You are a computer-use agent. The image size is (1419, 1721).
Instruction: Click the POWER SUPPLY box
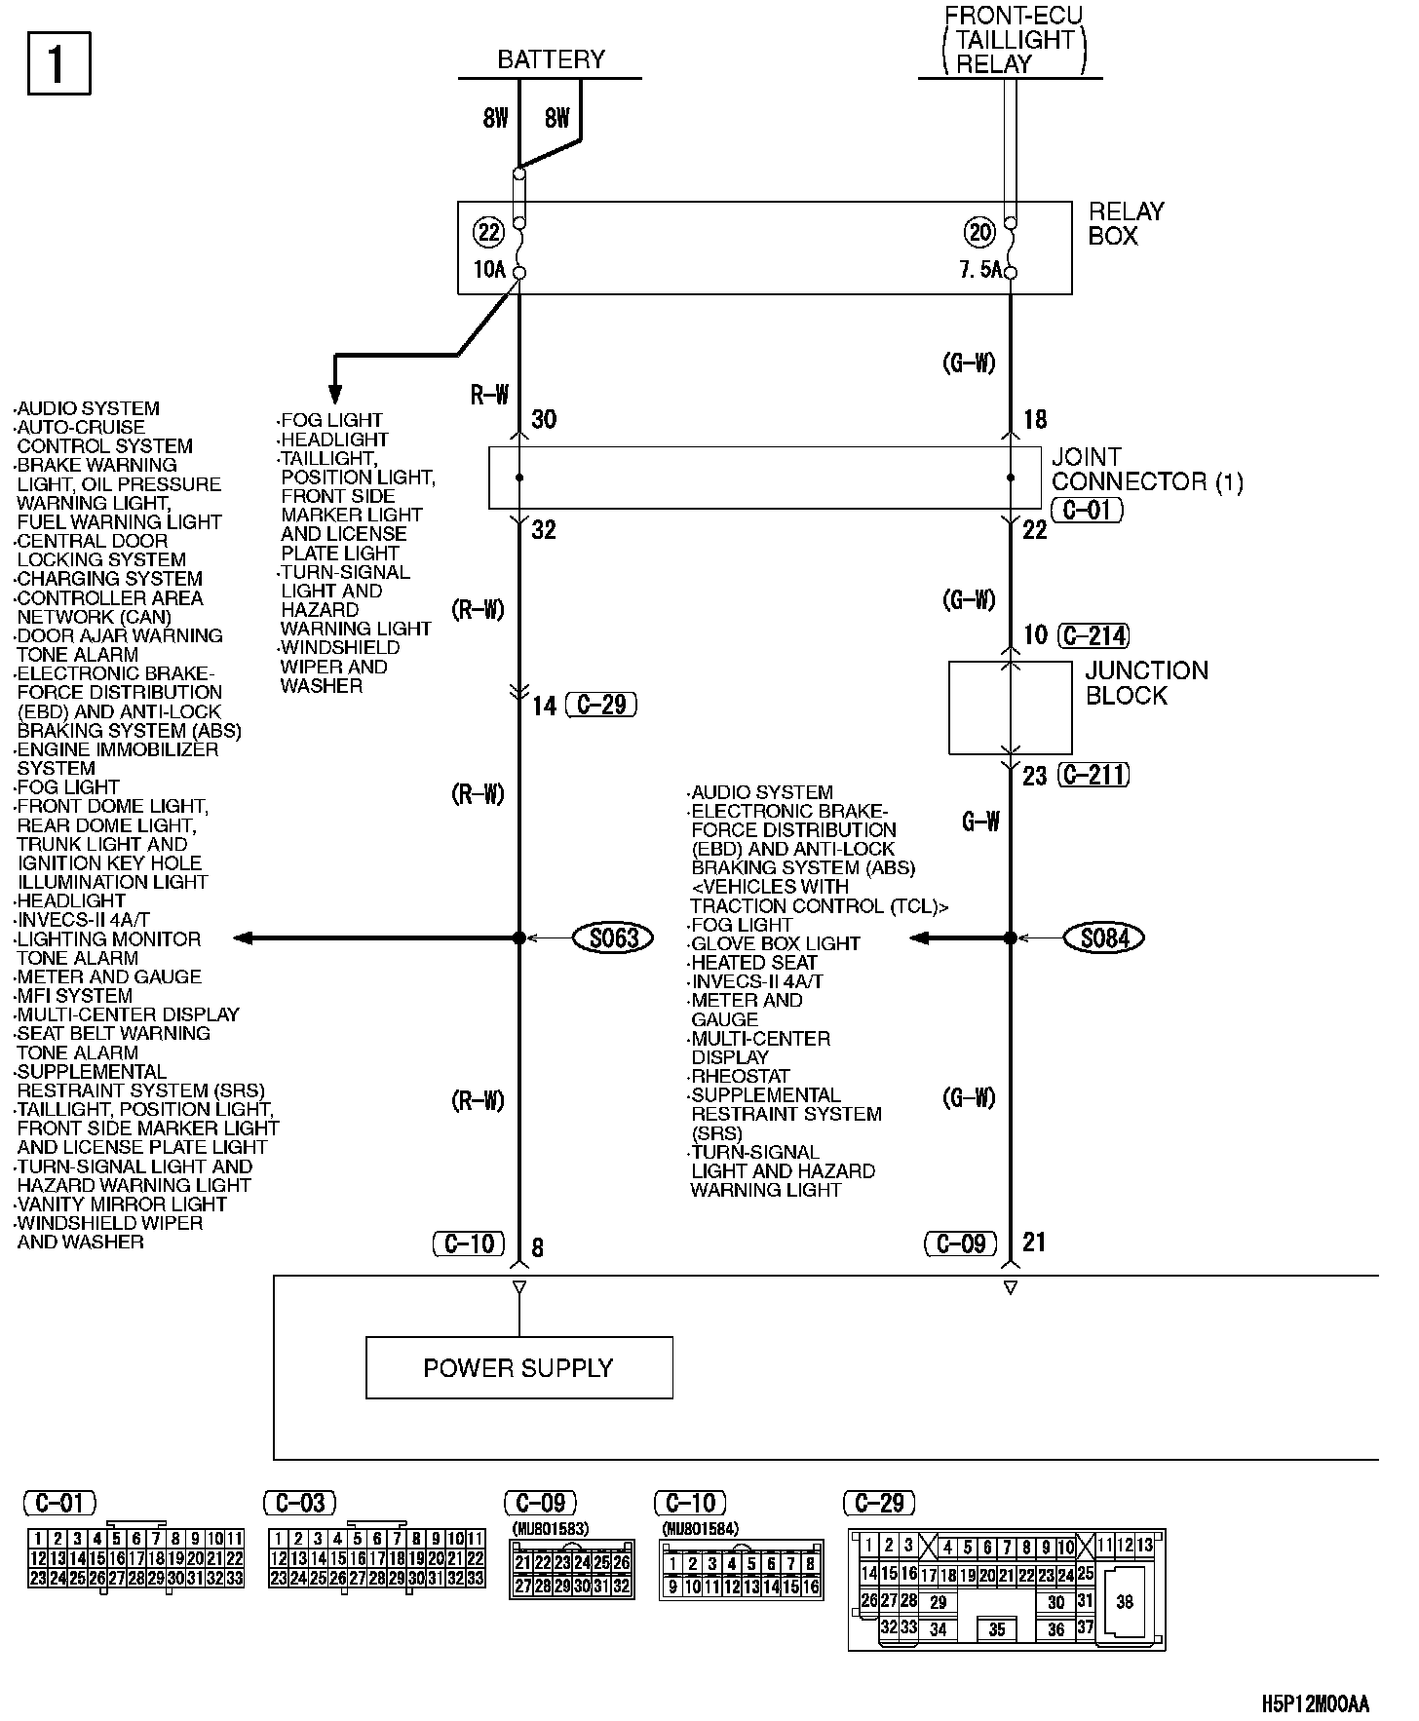(518, 1367)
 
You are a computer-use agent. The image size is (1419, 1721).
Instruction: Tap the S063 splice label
(613, 937)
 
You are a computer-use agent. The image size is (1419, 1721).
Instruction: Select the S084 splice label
(1104, 937)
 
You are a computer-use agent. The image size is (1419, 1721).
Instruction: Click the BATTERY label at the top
(551, 60)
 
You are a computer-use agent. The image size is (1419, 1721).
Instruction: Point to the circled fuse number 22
(488, 232)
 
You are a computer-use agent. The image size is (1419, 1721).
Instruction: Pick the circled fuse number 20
(979, 232)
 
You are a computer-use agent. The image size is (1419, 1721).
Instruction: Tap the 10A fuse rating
(488, 270)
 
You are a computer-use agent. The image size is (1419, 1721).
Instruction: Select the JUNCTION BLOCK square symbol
(1010, 708)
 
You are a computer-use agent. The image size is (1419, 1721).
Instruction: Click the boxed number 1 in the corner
(58, 63)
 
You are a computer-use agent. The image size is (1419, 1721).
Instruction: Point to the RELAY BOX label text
(1126, 223)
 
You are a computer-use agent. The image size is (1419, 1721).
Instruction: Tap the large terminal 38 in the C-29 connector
(1125, 1601)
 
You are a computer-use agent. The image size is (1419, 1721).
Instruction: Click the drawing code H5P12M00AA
(1315, 1703)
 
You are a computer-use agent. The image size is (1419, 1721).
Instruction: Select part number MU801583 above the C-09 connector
(551, 1529)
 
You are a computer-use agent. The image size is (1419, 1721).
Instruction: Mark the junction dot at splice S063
(519, 937)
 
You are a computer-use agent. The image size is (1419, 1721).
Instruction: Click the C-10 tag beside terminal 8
(469, 1243)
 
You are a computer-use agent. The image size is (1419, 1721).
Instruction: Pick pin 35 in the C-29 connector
(996, 1628)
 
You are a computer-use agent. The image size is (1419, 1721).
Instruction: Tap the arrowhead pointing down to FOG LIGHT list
(334, 394)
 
